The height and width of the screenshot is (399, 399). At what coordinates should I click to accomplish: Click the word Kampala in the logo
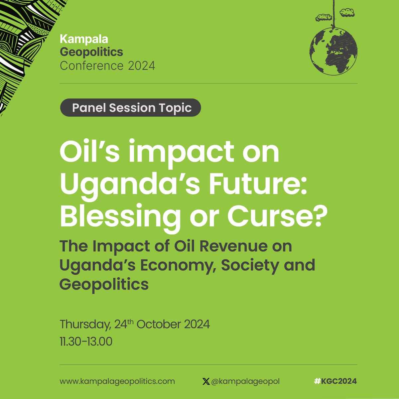84,39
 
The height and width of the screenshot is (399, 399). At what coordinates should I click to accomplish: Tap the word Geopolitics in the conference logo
91,52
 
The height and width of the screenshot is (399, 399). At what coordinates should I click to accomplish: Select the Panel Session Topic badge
131,108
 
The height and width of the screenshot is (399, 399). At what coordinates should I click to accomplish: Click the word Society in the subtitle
245,265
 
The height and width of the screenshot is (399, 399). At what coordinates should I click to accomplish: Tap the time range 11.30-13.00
86,341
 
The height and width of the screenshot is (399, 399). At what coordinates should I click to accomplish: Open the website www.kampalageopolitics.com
117,381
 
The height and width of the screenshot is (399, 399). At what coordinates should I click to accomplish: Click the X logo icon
206,381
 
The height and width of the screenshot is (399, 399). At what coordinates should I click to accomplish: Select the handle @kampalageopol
245,381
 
